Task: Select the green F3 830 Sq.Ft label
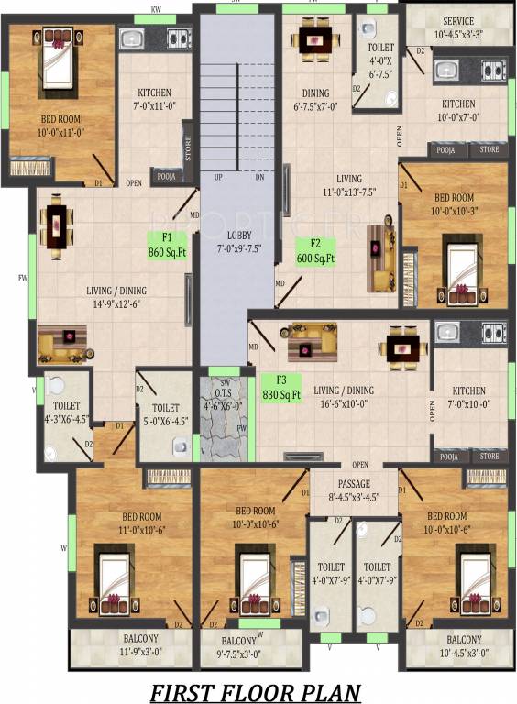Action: tap(282, 387)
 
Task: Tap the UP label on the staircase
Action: tap(218, 177)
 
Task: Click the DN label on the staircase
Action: tap(258, 177)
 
